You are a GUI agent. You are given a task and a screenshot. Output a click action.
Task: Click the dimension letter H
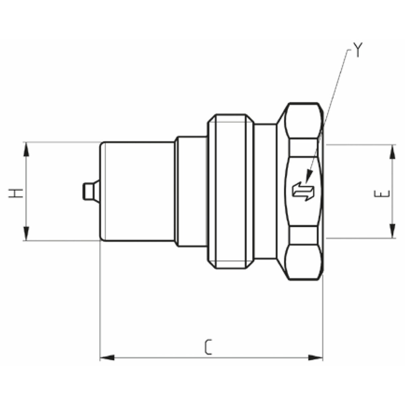click(16, 193)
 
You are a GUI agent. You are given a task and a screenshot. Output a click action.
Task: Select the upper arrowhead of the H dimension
click(26, 150)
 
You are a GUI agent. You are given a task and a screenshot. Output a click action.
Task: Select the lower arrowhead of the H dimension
click(26, 234)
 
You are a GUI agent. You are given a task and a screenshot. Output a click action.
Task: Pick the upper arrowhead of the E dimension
click(393, 152)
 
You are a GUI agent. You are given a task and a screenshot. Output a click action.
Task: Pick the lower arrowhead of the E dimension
click(393, 231)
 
